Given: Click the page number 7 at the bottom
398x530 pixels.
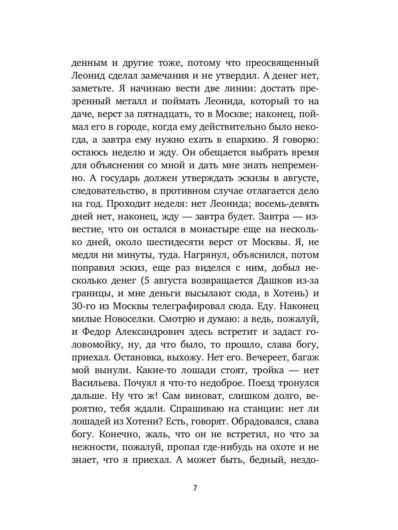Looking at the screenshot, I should [195, 488].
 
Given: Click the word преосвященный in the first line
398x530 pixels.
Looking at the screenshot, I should [278, 63].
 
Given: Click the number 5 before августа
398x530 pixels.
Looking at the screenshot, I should [143, 280].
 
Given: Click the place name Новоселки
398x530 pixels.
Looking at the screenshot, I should [127, 319].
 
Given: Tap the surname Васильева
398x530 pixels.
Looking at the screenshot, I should [94, 383].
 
